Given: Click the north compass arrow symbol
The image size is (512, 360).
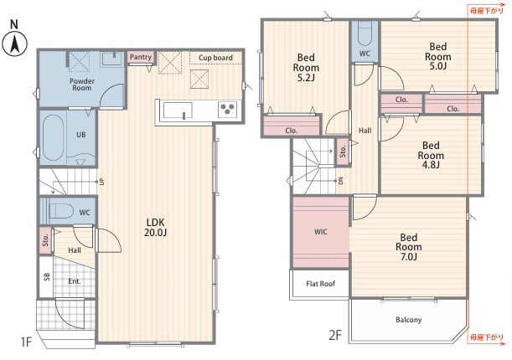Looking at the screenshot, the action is click(14, 44).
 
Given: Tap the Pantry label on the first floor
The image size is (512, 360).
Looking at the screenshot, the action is click(141, 57).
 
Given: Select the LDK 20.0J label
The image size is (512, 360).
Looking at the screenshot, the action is click(156, 227).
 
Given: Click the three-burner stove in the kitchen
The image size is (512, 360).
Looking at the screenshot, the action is click(227, 109).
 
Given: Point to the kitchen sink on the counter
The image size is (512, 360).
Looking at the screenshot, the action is click(178, 111).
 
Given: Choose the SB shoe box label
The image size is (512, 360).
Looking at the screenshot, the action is click(47, 277).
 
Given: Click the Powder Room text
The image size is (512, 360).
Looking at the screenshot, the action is click(82, 85).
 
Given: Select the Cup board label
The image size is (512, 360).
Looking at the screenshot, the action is click(215, 58).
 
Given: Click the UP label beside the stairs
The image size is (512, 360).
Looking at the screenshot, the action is click(102, 182).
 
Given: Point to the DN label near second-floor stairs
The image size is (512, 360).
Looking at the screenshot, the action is click(340, 181).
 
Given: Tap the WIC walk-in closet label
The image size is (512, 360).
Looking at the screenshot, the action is click(320, 232).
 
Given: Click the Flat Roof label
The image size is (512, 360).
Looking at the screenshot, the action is click(321, 284).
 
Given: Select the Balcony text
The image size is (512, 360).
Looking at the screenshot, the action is click(408, 320).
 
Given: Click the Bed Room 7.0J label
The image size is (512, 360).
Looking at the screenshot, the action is click(408, 247).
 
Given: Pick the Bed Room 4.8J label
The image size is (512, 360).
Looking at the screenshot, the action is click(431, 155).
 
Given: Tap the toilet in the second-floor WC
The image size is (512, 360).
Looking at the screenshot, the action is click(365, 34).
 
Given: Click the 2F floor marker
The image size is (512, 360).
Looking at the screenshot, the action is click(335, 335).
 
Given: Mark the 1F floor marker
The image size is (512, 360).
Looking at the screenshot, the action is click(26, 342).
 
